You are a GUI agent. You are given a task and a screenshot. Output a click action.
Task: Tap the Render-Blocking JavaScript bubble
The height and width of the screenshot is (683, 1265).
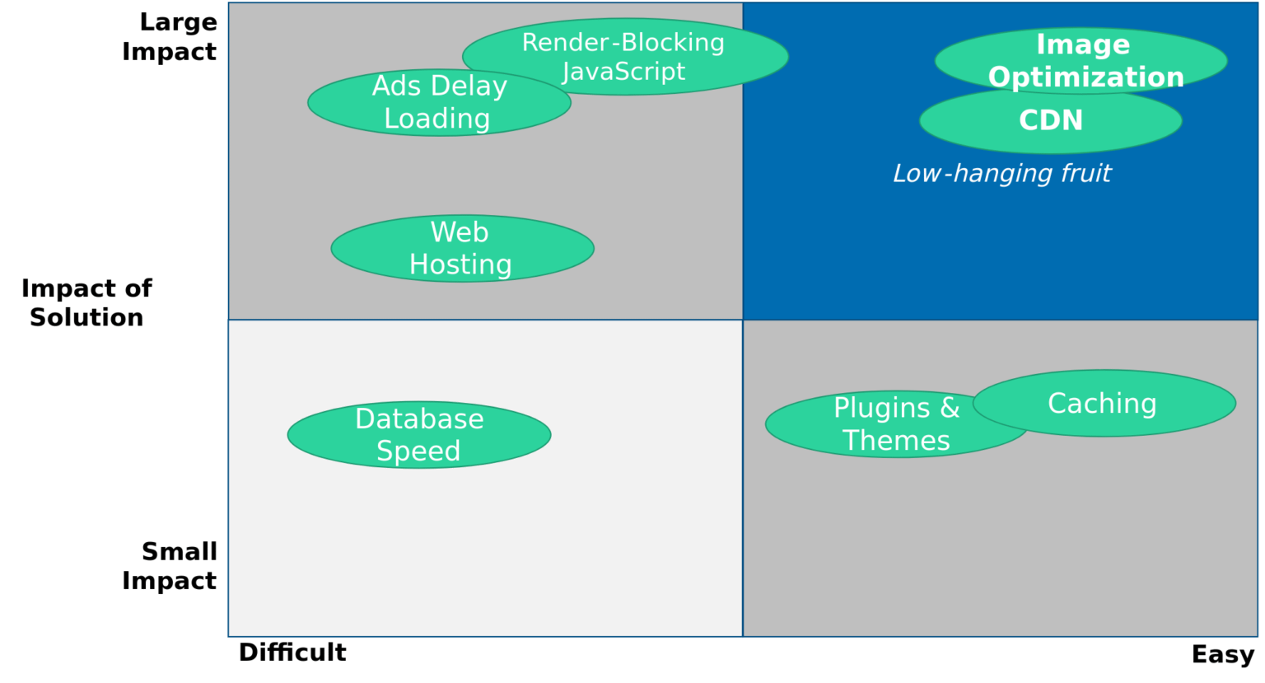(x=624, y=56)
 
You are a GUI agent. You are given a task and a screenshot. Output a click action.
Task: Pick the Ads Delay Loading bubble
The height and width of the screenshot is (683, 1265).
(x=439, y=102)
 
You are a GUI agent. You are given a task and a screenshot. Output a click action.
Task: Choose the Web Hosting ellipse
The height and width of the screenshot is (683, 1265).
(x=462, y=248)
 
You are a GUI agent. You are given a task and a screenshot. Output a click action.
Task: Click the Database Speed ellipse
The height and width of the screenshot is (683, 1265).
(x=418, y=434)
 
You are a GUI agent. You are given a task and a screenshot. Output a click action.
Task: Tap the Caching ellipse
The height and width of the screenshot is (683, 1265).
(x=1104, y=403)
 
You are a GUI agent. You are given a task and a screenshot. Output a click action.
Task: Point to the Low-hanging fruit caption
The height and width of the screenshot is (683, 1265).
(x=1001, y=173)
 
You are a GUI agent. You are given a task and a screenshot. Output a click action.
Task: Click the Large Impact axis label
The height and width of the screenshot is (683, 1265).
(x=170, y=37)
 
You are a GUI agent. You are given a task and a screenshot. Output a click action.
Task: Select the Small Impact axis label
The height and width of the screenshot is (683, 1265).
(x=170, y=566)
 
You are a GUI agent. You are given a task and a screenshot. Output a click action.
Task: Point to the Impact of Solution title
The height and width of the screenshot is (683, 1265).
(x=86, y=302)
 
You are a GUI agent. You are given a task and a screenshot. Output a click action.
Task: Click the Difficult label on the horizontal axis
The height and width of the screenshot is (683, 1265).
(x=292, y=653)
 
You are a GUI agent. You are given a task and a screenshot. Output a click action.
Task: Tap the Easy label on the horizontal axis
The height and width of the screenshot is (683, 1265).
(x=1222, y=654)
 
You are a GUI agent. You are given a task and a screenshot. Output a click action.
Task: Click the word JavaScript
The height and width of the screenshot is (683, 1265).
(x=623, y=72)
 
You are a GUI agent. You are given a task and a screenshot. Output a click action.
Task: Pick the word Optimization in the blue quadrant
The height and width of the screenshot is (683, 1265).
(x=1085, y=77)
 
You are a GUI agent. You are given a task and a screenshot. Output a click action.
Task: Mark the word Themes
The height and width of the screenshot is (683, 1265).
(x=896, y=441)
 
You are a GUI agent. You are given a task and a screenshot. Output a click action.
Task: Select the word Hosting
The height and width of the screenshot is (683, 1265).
(x=460, y=264)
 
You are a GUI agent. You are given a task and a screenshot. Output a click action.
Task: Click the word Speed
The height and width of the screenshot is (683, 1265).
(x=418, y=451)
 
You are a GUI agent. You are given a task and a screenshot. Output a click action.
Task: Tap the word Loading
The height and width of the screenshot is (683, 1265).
(x=437, y=119)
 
